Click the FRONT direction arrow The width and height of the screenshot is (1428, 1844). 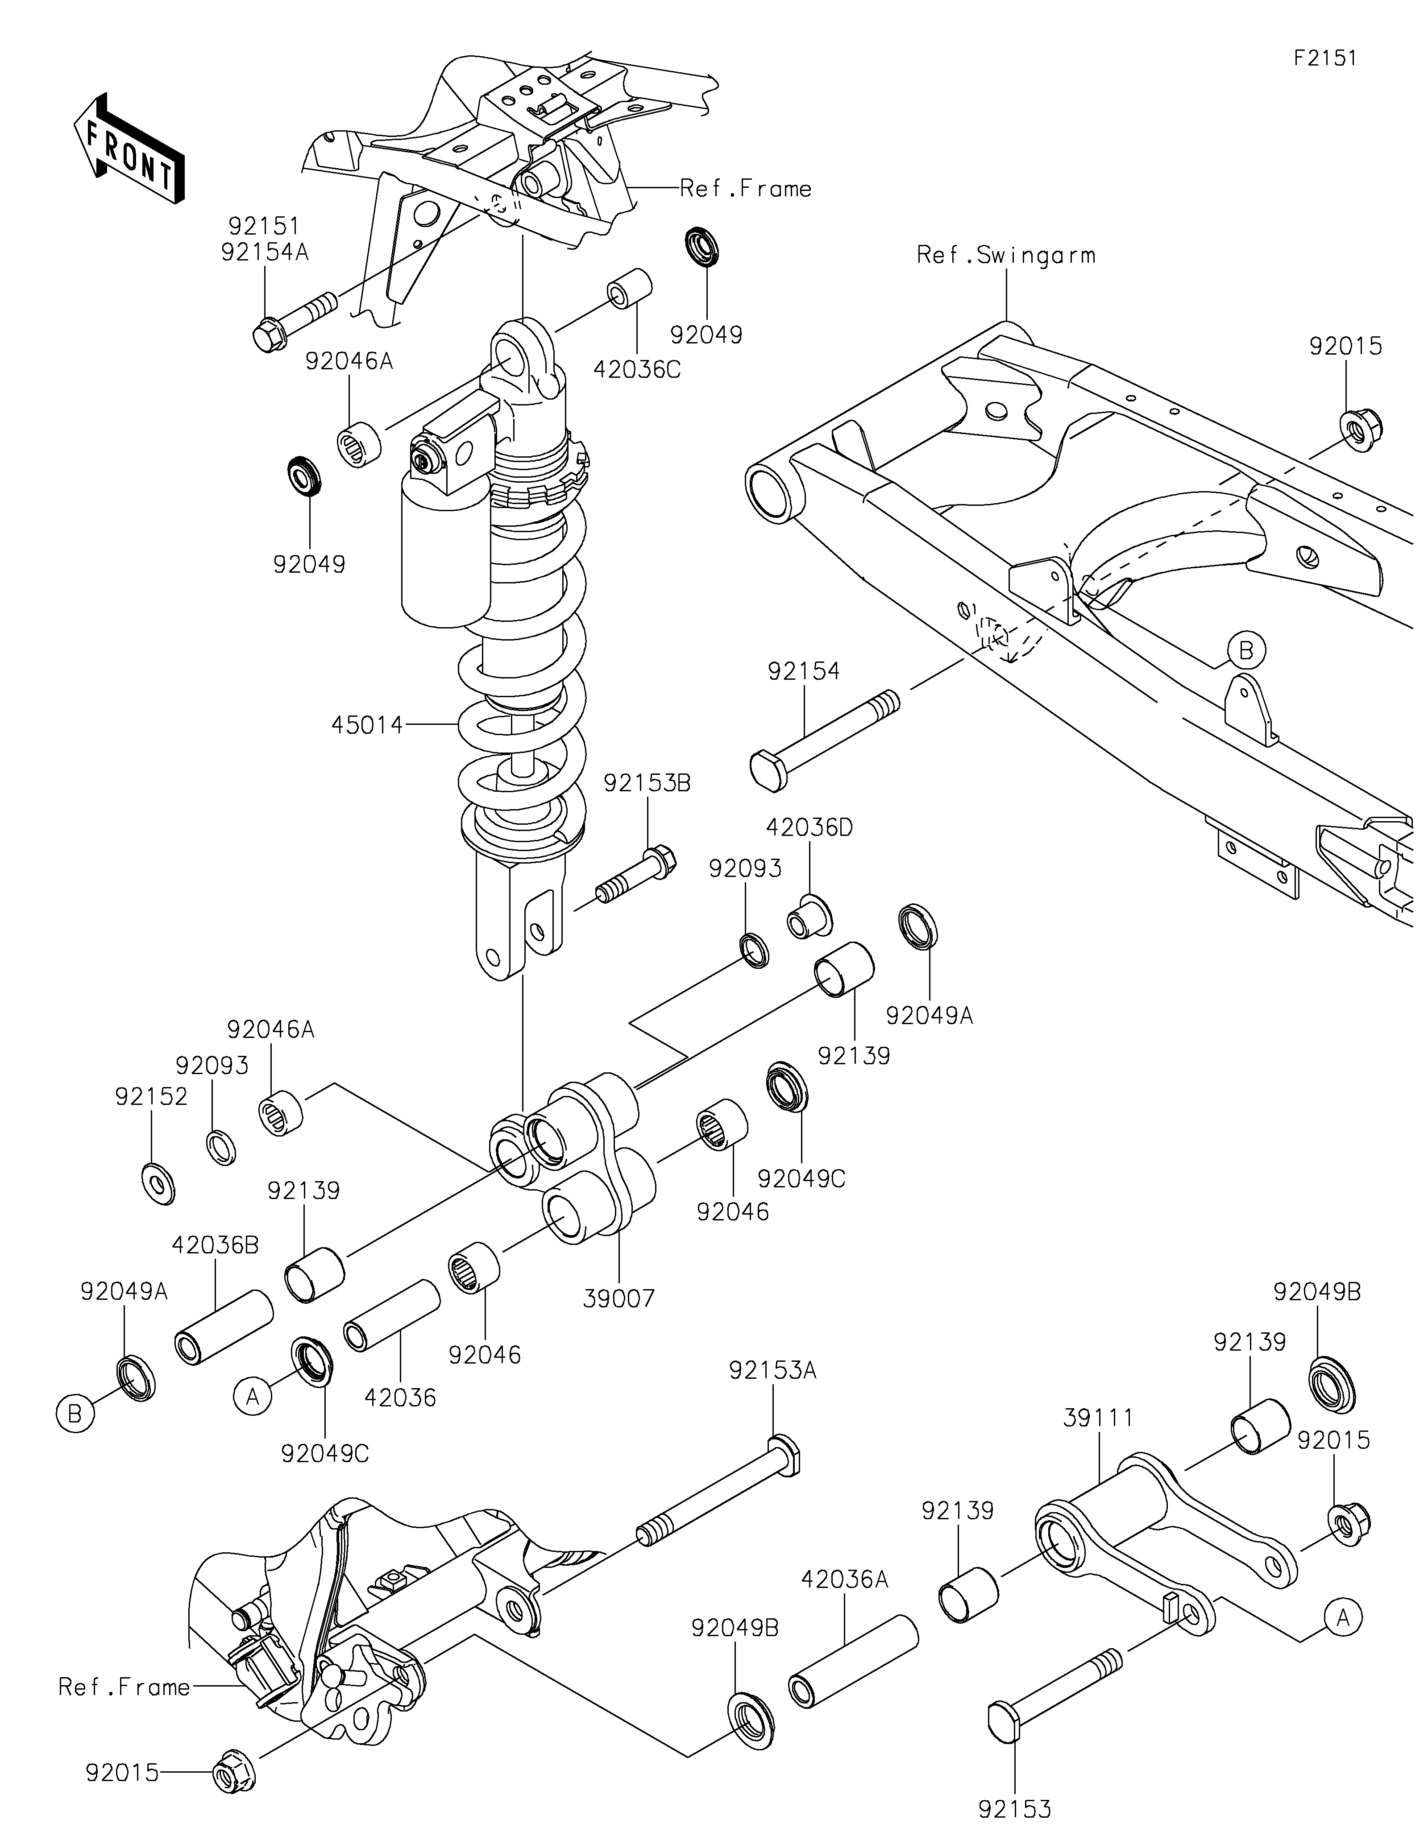[x=129, y=147]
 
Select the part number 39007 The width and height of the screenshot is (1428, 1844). [x=619, y=1298]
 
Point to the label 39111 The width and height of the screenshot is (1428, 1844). [x=1099, y=1418]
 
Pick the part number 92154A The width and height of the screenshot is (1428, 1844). [x=265, y=253]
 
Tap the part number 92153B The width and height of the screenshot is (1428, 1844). [x=647, y=784]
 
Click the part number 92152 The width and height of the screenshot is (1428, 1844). [x=151, y=1097]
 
